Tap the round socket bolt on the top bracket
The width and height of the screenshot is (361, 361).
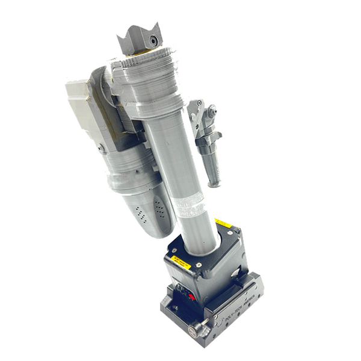tap(155, 41)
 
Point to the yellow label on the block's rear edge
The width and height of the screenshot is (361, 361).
tap(223, 224)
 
